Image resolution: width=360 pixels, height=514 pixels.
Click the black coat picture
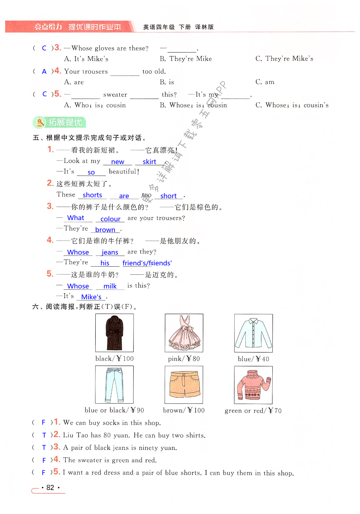pyautogui.click(x=114, y=333)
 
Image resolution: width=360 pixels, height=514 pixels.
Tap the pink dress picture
pyautogui.click(x=184, y=333)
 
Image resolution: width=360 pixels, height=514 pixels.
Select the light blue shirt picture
pyautogui.click(x=253, y=333)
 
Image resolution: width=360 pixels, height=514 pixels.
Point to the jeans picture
pyautogui.click(x=114, y=384)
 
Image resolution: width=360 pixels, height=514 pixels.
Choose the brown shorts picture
pyautogui.click(x=184, y=384)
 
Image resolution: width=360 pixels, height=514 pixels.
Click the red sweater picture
pyautogui.click(x=253, y=385)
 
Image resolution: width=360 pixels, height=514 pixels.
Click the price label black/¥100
pyautogui.click(x=114, y=358)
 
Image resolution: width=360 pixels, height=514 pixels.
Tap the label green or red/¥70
pyautogui.click(x=253, y=411)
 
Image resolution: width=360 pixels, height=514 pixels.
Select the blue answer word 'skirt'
pyautogui.click(x=149, y=162)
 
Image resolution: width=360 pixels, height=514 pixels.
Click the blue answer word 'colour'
pyautogui.click(x=110, y=219)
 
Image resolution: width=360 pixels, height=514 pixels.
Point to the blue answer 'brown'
pyautogui.click(x=105, y=230)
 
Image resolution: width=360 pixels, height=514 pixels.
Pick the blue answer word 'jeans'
pyautogui.click(x=110, y=253)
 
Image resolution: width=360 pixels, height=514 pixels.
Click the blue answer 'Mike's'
pyautogui.click(x=91, y=297)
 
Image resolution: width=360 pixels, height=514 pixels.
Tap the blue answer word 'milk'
pyautogui.click(x=110, y=286)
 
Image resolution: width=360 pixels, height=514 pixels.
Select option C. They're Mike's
pyautogui.click(x=284, y=58)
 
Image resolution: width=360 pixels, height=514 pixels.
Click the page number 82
pyautogui.click(x=50, y=487)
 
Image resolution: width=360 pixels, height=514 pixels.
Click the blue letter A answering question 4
pyautogui.click(x=44, y=72)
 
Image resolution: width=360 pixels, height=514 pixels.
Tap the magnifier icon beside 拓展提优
pyautogui.click(x=40, y=122)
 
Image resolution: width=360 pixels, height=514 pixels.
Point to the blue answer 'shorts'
pyautogui.click(x=92, y=195)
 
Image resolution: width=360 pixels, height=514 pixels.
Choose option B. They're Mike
pyautogui.click(x=186, y=59)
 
